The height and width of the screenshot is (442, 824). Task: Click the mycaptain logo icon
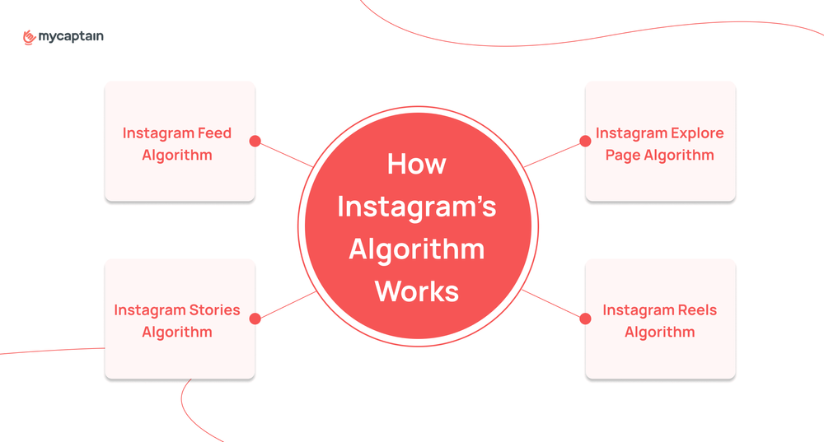pyautogui.click(x=30, y=36)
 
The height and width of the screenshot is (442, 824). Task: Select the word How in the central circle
pyautogui.click(x=417, y=164)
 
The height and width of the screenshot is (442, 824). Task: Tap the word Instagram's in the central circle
pyautogui.click(x=417, y=207)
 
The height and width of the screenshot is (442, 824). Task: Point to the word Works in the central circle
pyautogui.click(x=417, y=291)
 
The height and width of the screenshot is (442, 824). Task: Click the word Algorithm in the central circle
pyautogui.click(x=417, y=249)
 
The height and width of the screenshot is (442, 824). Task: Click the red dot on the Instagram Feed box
pyautogui.click(x=255, y=142)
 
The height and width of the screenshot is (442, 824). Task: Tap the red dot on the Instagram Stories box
pyautogui.click(x=255, y=319)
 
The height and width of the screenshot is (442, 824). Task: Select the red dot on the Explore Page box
pyautogui.click(x=586, y=142)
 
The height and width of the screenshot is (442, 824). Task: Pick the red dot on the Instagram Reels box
pyautogui.click(x=586, y=319)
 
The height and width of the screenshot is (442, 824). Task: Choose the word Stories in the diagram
pyautogui.click(x=212, y=310)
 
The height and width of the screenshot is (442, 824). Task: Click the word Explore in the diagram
pyautogui.click(x=693, y=133)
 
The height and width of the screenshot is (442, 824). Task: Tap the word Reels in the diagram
pyautogui.click(x=697, y=310)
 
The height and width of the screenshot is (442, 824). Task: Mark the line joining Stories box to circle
pyautogui.click(x=285, y=305)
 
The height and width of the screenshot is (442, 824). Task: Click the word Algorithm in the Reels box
pyautogui.click(x=659, y=332)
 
